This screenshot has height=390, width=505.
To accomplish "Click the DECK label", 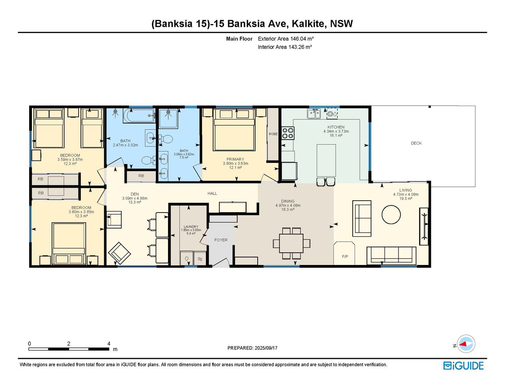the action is point(416,143).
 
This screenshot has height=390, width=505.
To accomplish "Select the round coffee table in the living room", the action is point(391,215).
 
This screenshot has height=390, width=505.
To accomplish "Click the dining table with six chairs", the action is point(292,243).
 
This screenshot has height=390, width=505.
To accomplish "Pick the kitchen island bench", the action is point(326,160).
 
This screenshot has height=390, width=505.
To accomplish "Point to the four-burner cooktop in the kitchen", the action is point(288,133).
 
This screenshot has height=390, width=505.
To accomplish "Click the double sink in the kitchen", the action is point(314,114).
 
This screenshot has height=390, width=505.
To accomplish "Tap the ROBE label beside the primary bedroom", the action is point(273,134).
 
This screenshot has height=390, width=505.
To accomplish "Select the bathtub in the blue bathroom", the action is point(139,116).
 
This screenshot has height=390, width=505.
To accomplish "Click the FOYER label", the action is point(221,240).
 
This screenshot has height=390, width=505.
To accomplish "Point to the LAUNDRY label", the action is point(191,227).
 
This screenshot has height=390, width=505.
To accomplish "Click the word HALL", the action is point(212,193).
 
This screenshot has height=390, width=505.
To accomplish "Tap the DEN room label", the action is point(135,194).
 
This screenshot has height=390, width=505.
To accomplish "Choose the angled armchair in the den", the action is point(120,253).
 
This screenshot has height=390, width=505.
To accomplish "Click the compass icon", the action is point(466,344).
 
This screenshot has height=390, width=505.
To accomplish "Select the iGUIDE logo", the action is point(464,366).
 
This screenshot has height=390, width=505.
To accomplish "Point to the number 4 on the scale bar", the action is point(109,343).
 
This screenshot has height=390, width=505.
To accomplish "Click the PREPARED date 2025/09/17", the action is point(266,348).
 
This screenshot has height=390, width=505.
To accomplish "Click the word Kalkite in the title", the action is point(308,23).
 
